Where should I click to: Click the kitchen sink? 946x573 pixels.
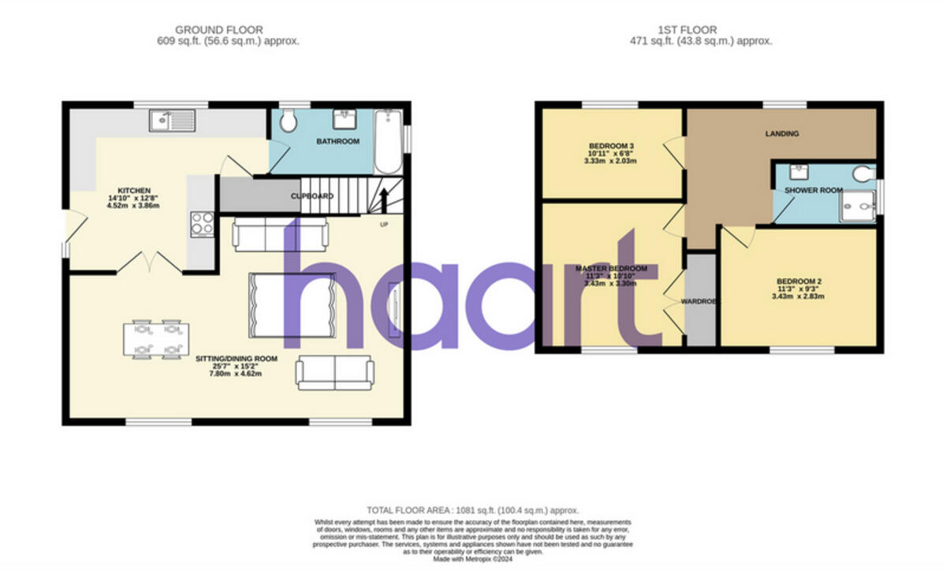[172, 121]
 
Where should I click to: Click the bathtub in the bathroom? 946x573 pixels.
[387, 142]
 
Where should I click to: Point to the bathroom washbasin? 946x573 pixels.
[344, 119]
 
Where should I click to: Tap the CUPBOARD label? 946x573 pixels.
[312, 196]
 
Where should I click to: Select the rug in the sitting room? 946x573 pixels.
[291, 305]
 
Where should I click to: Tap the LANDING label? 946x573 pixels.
[781, 134]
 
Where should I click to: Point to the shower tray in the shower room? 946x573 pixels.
[857, 207]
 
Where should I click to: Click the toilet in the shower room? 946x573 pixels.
[863, 173]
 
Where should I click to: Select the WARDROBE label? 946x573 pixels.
[699, 300]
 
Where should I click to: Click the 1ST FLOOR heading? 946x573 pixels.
[700, 30]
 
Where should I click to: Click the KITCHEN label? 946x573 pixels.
[133, 191]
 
